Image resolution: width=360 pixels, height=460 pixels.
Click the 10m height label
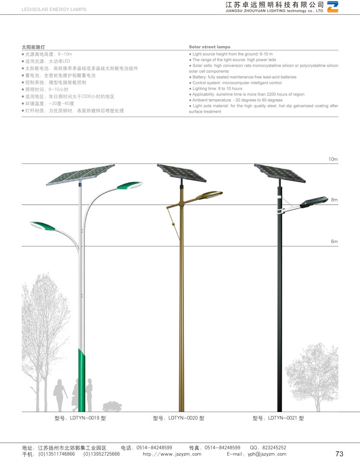333,159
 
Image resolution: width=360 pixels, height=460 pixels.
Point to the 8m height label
334,200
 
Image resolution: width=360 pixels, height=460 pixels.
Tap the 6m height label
334,241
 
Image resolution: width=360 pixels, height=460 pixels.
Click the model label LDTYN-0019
80,418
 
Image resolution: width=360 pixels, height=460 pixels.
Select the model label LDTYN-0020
179,418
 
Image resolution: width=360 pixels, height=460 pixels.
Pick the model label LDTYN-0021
278,418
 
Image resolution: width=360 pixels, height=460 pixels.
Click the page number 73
339,454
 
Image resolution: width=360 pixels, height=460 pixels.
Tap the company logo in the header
332,7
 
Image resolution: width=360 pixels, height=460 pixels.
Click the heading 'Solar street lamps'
209,47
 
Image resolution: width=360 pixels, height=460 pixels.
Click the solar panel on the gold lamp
181,172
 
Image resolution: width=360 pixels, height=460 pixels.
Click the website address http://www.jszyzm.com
172,454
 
